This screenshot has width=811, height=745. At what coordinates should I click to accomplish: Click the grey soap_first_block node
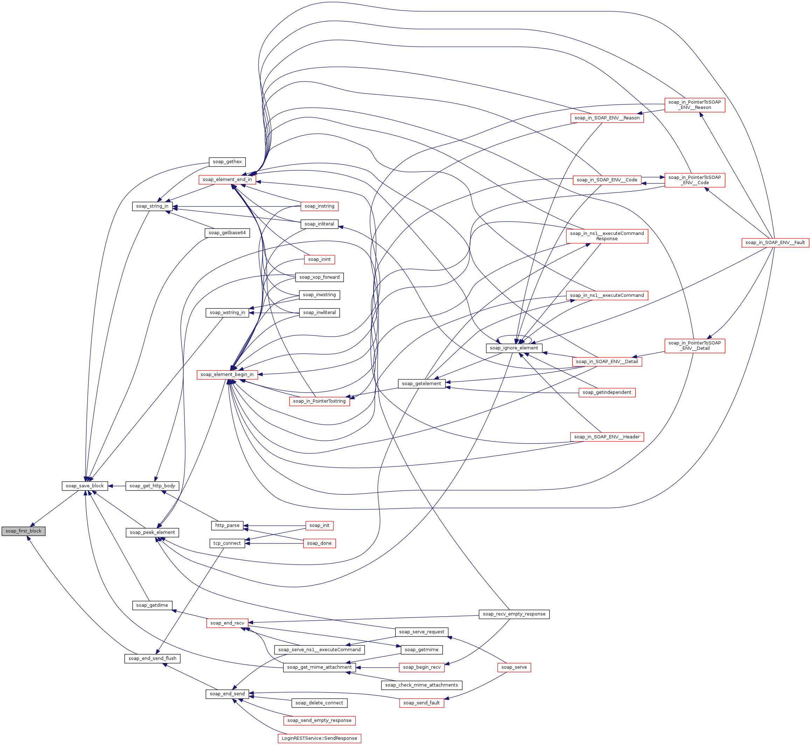(x=23, y=531)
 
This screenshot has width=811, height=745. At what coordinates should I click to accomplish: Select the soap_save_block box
(x=85, y=486)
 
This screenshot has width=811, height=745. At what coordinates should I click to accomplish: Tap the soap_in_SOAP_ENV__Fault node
(x=775, y=242)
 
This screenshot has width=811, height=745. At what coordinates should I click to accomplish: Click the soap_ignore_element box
(x=514, y=348)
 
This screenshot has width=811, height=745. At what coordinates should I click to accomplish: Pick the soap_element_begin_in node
(x=227, y=375)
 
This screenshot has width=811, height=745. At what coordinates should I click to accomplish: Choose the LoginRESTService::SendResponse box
(x=319, y=738)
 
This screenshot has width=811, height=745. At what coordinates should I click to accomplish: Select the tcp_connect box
(x=227, y=543)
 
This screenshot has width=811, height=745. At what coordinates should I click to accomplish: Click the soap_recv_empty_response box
(x=514, y=614)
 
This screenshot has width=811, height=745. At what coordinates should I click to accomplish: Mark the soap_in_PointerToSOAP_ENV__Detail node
(x=694, y=346)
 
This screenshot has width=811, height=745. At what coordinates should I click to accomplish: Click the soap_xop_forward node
(x=319, y=277)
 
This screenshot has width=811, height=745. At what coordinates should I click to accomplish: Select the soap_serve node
(x=514, y=667)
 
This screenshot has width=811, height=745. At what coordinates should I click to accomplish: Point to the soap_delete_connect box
(x=319, y=703)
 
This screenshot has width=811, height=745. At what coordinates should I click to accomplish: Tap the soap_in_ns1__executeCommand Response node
(x=607, y=236)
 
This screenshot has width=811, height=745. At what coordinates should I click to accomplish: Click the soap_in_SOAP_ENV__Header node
(x=607, y=437)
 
